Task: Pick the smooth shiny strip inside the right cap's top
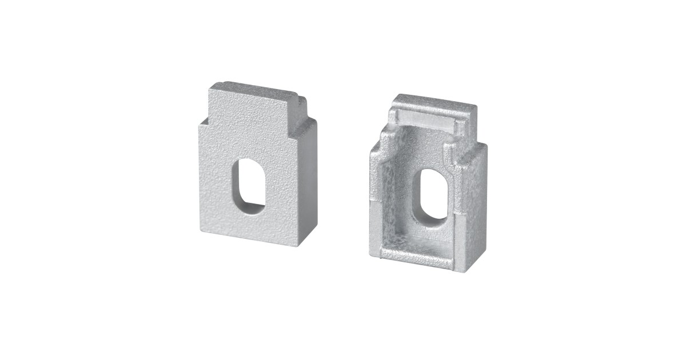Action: [429, 120]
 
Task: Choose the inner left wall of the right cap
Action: [394, 194]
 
